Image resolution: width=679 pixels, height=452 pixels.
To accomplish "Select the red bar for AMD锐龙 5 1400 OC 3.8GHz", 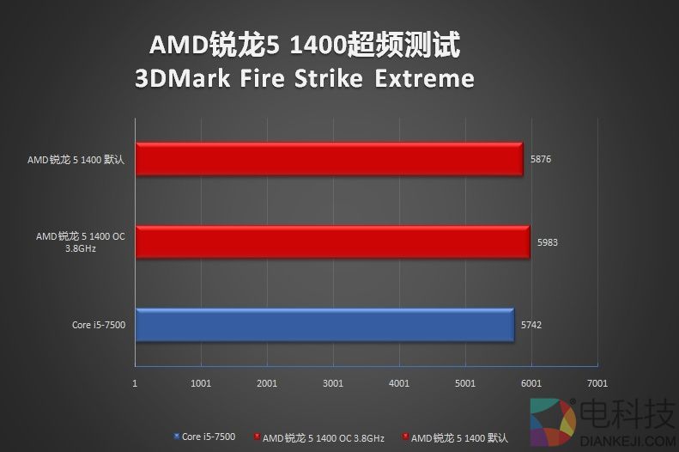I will coord(332,242).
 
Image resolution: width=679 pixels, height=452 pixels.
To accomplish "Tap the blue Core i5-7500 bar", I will coord(324,325).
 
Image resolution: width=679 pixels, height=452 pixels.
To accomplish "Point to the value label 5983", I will coord(547,242).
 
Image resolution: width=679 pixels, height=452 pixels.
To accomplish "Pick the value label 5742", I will coord(530,325).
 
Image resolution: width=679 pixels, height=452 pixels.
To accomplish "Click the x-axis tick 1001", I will coord(201,384).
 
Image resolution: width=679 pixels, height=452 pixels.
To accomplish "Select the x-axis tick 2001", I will coord(267,384).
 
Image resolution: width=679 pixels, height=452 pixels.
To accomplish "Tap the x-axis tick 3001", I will coord(333,384).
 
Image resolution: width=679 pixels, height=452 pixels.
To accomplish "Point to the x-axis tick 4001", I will coord(399,384).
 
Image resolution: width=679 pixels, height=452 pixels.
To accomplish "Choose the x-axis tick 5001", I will coord(465,384).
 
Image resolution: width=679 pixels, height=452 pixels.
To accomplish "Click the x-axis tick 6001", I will coord(531,384).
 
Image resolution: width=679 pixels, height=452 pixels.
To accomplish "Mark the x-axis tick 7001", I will coord(597,384).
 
